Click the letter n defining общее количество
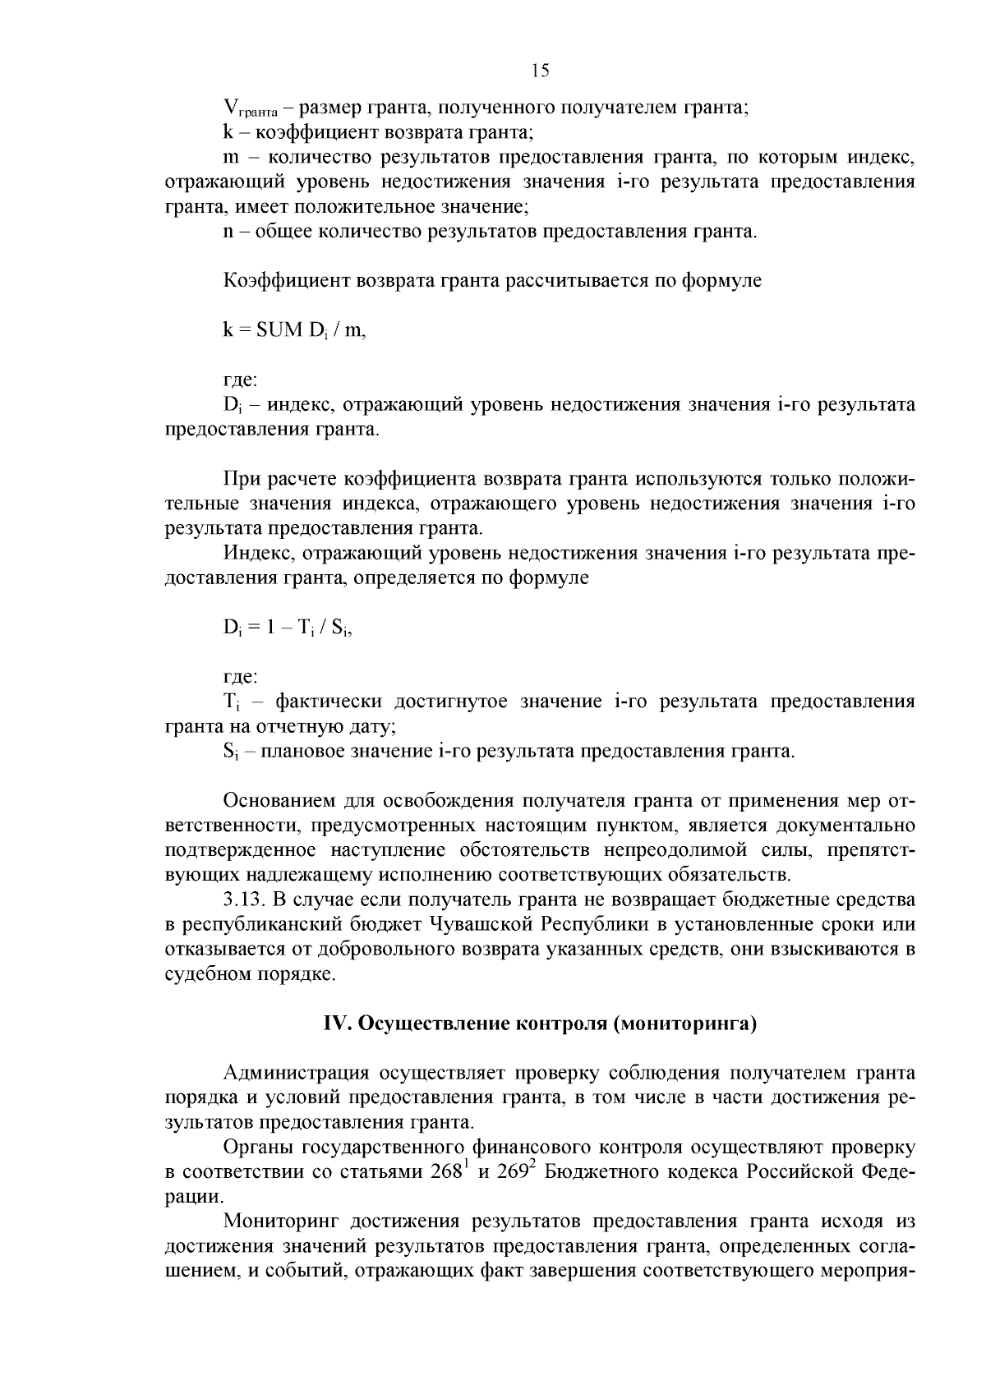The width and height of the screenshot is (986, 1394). click(228, 232)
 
